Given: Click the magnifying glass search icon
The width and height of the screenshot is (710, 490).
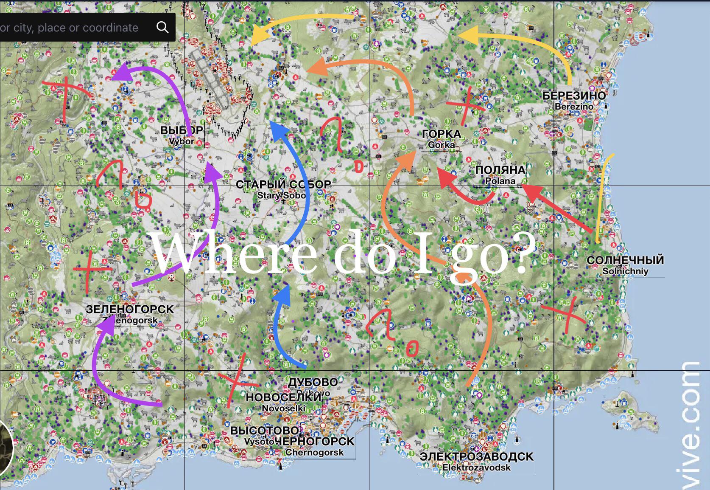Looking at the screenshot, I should point(162,28).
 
